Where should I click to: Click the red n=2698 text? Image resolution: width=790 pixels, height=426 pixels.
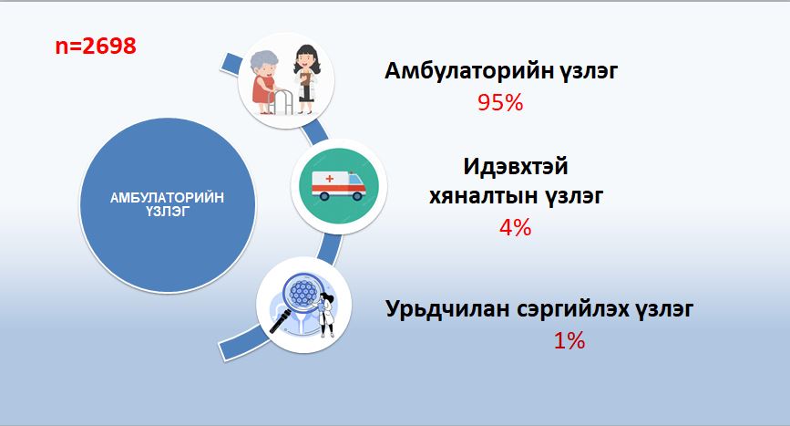point(96,47)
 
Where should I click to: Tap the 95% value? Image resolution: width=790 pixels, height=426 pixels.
point(500,103)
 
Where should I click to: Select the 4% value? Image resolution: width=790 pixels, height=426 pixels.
point(515,227)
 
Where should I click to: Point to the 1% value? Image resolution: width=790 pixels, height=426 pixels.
point(569,341)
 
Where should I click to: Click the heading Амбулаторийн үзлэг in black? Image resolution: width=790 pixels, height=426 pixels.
point(501,71)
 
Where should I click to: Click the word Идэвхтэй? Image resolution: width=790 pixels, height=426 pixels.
point(516,167)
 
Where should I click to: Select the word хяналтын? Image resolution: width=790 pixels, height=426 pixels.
point(483,196)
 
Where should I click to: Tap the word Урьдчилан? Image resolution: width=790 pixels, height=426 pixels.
point(447,308)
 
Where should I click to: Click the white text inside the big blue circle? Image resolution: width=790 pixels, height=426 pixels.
point(168,204)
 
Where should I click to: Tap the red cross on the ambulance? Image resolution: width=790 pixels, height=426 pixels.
point(330,179)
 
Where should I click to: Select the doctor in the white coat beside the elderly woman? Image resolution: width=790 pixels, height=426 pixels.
point(306,79)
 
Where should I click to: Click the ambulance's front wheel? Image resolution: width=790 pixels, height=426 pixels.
point(356,195)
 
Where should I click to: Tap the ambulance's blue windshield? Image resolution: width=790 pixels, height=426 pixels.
point(355,180)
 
